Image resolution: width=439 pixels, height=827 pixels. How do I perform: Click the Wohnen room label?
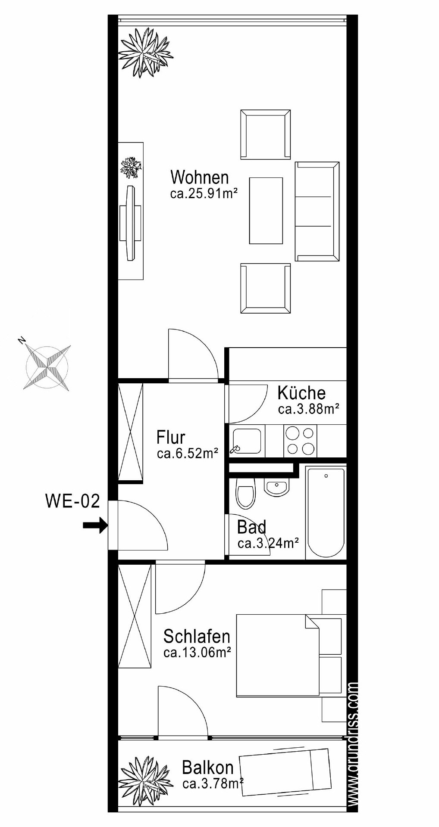pyautogui.click(x=200, y=177)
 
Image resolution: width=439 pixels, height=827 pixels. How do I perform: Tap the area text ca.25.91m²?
pyautogui.click(x=204, y=194)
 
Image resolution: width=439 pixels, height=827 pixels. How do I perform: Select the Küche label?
pyautogui.click(x=301, y=393)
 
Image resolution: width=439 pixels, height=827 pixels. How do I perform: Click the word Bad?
pyautogui.click(x=251, y=527)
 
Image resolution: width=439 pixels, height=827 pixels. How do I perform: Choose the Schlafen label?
pyautogui.click(x=197, y=637)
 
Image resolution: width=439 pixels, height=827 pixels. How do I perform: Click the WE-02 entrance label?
pyautogui.click(x=72, y=501)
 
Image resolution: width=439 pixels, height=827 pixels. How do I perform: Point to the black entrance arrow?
pyautogui.click(x=95, y=525)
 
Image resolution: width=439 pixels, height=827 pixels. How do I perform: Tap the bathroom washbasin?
pyautogui.click(x=276, y=488)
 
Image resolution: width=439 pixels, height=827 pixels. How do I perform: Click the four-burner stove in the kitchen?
pyautogui.click(x=300, y=441)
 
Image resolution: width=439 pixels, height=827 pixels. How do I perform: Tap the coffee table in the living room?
pyautogui.click(x=266, y=211)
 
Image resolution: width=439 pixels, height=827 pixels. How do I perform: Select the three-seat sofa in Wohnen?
pyautogui.click(x=317, y=211)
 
